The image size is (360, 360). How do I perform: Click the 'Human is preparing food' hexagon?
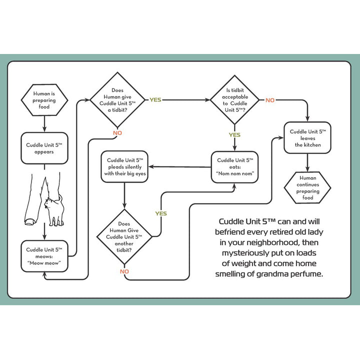pyautogui.click(x=45, y=99)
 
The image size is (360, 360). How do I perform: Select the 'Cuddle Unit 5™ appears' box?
pyautogui.click(x=44, y=148)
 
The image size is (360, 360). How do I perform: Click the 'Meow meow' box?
pyautogui.click(x=44, y=256)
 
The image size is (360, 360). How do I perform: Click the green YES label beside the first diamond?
pyautogui.click(x=155, y=100)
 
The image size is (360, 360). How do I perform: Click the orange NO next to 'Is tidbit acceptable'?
pyautogui.click(x=270, y=100)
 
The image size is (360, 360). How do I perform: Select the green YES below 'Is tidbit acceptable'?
pyautogui.click(x=234, y=135)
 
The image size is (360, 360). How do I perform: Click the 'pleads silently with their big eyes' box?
pyautogui.click(x=123, y=167)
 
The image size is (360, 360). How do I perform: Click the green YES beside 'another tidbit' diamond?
pyautogui.click(x=161, y=213)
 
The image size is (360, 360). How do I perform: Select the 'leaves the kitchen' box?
pyautogui.click(x=307, y=138)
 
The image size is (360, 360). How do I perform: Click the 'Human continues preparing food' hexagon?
pyautogui.click(x=307, y=187)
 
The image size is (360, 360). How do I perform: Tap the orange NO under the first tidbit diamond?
pyautogui.click(x=117, y=133)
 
